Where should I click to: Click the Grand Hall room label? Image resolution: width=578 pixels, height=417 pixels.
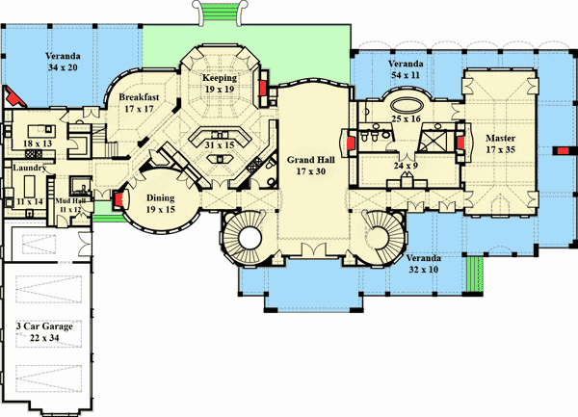coord(311,160)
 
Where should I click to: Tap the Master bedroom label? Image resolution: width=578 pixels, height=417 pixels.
coord(500,138)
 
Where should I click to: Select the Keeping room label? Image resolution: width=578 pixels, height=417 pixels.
coord(220,78)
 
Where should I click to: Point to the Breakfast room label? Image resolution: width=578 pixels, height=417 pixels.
coord(139,97)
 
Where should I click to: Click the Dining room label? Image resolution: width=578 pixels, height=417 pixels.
coord(160,198)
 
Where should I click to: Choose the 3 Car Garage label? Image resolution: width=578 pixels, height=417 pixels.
coord(44,326)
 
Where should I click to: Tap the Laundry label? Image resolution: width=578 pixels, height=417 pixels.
coord(30,168)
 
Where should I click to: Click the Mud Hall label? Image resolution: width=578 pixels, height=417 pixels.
coord(70,201)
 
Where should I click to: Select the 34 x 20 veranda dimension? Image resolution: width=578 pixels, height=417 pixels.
coord(63,67)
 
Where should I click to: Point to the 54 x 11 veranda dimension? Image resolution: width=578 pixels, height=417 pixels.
coord(406,75)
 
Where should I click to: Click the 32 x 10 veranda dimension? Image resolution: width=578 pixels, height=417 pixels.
coord(424,270)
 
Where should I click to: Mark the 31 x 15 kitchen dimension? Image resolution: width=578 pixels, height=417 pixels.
coord(220,145)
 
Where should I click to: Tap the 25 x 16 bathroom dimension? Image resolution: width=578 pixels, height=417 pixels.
coord(406,119)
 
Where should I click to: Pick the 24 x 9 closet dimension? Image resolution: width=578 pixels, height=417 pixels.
coord(406,166)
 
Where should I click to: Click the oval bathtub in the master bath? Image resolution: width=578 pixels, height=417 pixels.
coord(406,105)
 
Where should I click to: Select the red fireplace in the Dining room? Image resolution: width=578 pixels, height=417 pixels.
coord(118,199)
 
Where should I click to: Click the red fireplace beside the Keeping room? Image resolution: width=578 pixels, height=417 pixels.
coord(263,89)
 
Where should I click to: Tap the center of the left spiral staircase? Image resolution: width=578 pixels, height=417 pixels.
coord(250,238)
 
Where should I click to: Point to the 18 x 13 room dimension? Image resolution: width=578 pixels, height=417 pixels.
coord(38,143)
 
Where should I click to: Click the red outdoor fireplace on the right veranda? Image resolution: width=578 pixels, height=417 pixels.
coord(563,150)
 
